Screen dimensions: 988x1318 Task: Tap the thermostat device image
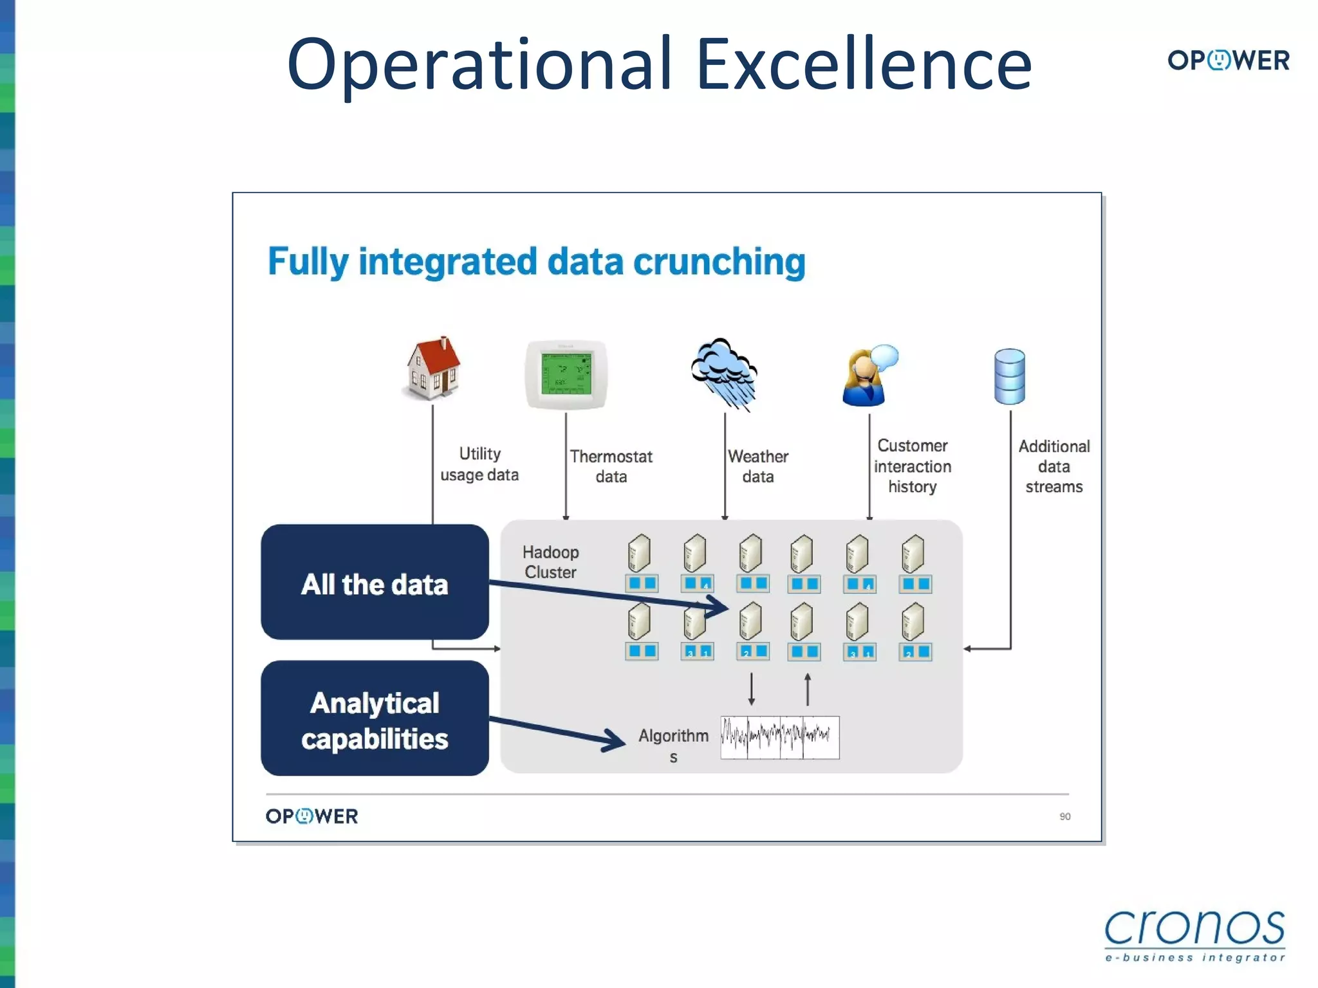(x=566, y=375)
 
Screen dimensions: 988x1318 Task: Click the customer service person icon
(x=869, y=376)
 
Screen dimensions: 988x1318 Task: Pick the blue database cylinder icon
(x=1009, y=376)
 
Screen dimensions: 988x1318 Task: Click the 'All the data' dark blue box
(x=375, y=582)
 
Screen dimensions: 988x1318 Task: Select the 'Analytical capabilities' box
(x=375, y=718)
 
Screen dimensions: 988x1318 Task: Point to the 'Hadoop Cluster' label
(x=550, y=562)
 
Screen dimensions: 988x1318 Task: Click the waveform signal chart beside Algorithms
(x=779, y=737)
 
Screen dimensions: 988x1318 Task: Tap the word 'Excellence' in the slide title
(x=864, y=64)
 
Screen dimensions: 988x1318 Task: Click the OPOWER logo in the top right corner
(x=1228, y=60)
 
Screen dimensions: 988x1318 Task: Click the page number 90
(x=1065, y=816)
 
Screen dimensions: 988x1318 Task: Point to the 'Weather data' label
(x=757, y=466)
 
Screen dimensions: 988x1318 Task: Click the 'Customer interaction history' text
(x=912, y=466)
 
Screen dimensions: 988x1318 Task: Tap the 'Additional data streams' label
(x=1053, y=466)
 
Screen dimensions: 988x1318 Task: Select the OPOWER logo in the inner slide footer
(x=311, y=816)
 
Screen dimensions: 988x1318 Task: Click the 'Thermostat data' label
(x=611, y=466)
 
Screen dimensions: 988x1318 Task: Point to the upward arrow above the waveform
(x=808, y=690)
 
